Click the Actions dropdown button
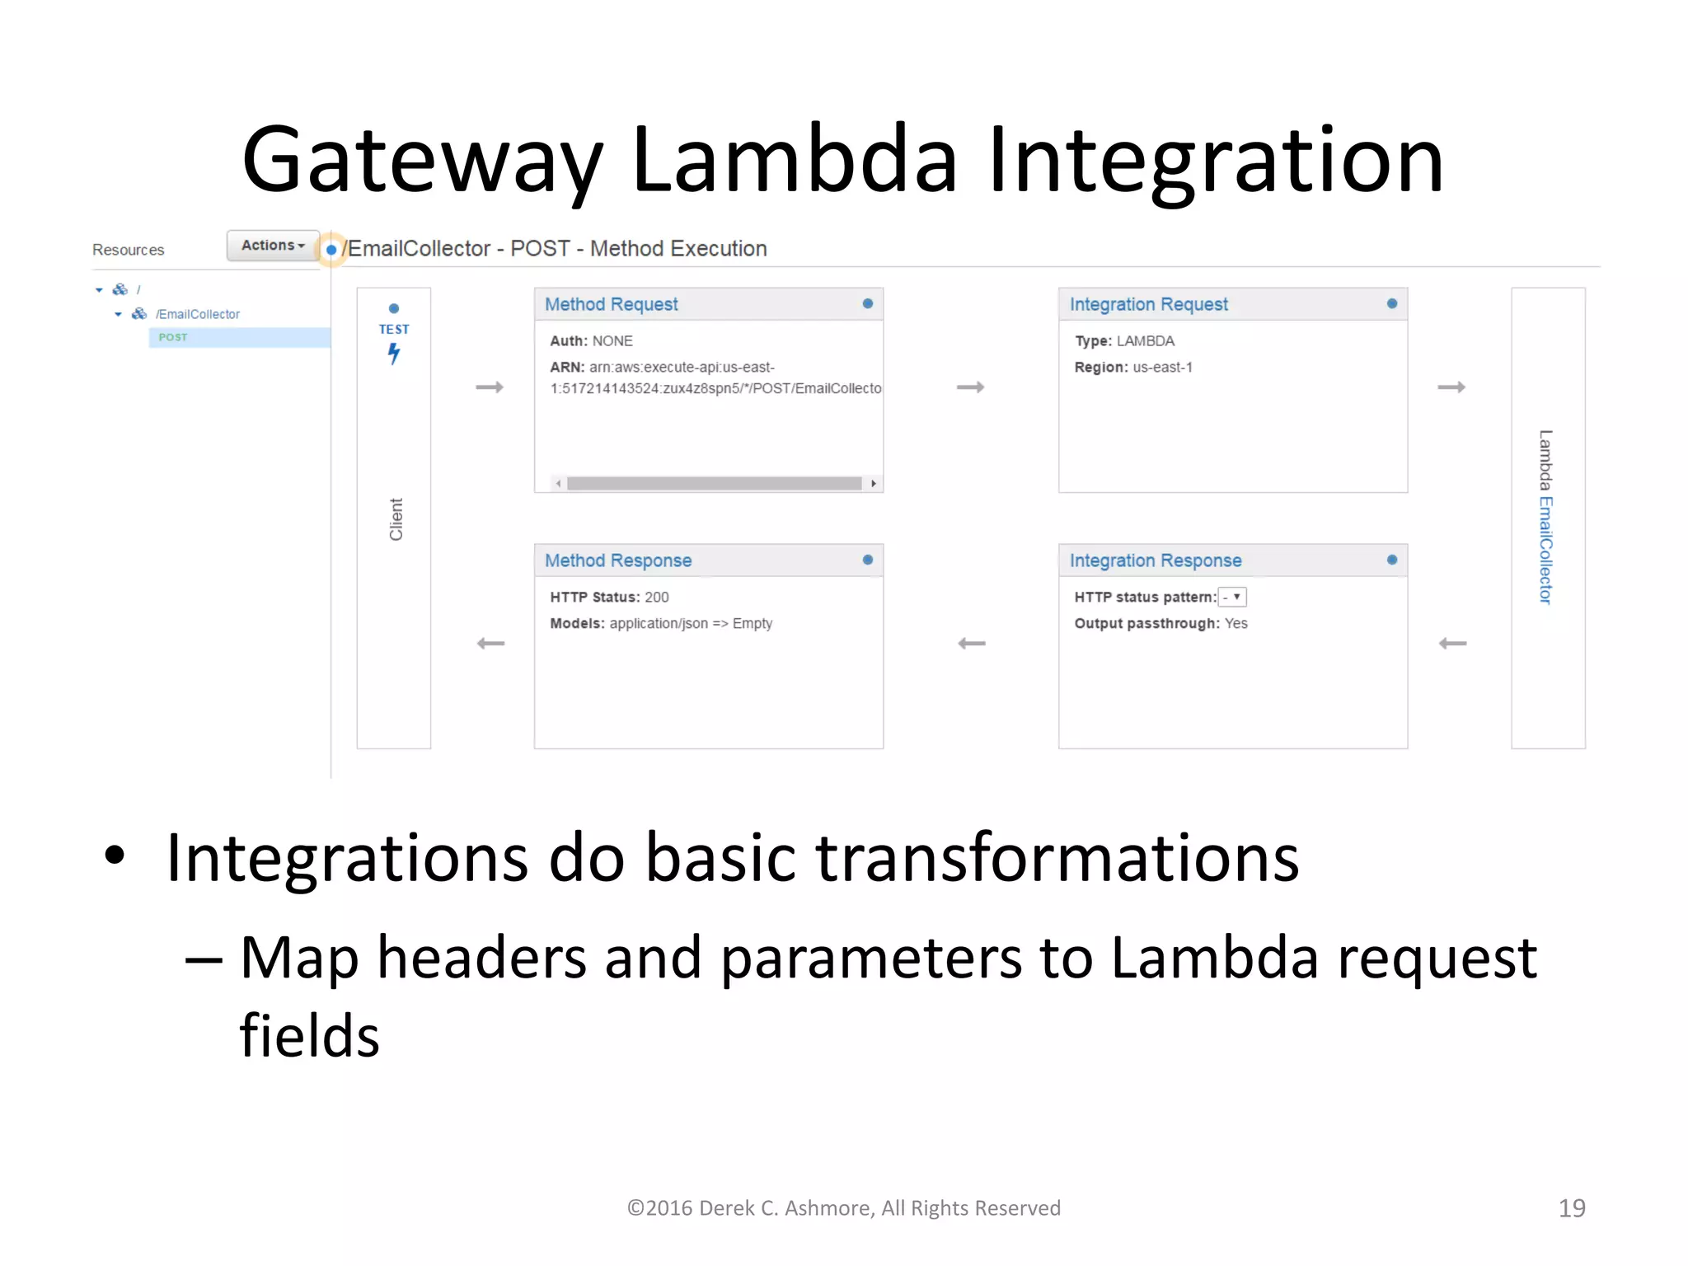tap(273, 246)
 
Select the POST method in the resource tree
tap(173, 337)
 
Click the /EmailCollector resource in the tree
tap(198, 314)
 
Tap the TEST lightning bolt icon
tap(394, 354)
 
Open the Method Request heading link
tap(611, 304)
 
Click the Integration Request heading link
tap(1148, 304)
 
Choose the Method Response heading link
tap(618, 560)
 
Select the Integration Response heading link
tap(1155, 560)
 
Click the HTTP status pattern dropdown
tap(1232, 597)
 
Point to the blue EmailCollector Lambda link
tap(1545, 550)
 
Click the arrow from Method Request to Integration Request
tap(970, 387)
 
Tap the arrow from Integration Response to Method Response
tap(972, 643)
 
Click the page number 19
tap(1571, 1207)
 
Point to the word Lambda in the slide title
tap(795, 160)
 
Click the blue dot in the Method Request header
tap(867, 304)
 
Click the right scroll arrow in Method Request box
tap(874, 484)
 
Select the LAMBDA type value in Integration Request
tap(1145, 341)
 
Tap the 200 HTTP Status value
tap(657, 597)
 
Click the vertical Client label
tap(396, 519)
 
